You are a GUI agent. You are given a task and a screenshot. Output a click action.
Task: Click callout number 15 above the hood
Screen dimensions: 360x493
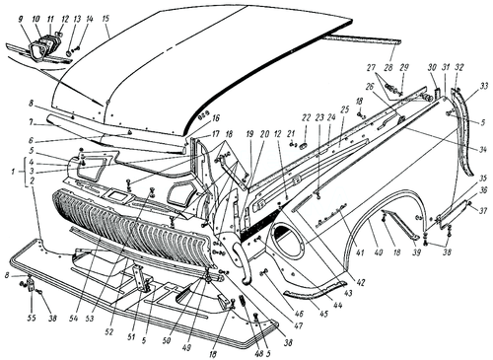pos(106,19)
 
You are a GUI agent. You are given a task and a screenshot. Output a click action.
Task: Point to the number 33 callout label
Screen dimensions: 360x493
pos(485,90)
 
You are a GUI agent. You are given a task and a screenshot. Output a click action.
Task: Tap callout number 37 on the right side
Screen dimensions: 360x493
pos(484,211)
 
